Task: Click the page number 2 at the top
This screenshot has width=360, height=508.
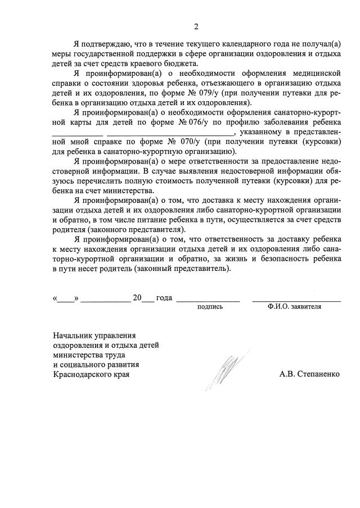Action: tap(196, 26)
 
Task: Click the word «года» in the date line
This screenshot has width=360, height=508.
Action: tap(164, 298)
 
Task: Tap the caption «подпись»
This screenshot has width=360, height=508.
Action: tap(210, 307)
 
